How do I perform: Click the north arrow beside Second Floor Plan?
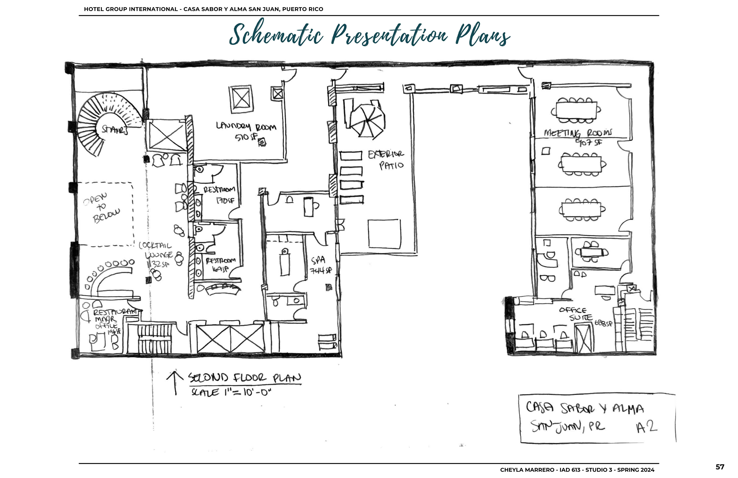pos(175,383)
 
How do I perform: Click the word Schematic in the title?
pos(276,35)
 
